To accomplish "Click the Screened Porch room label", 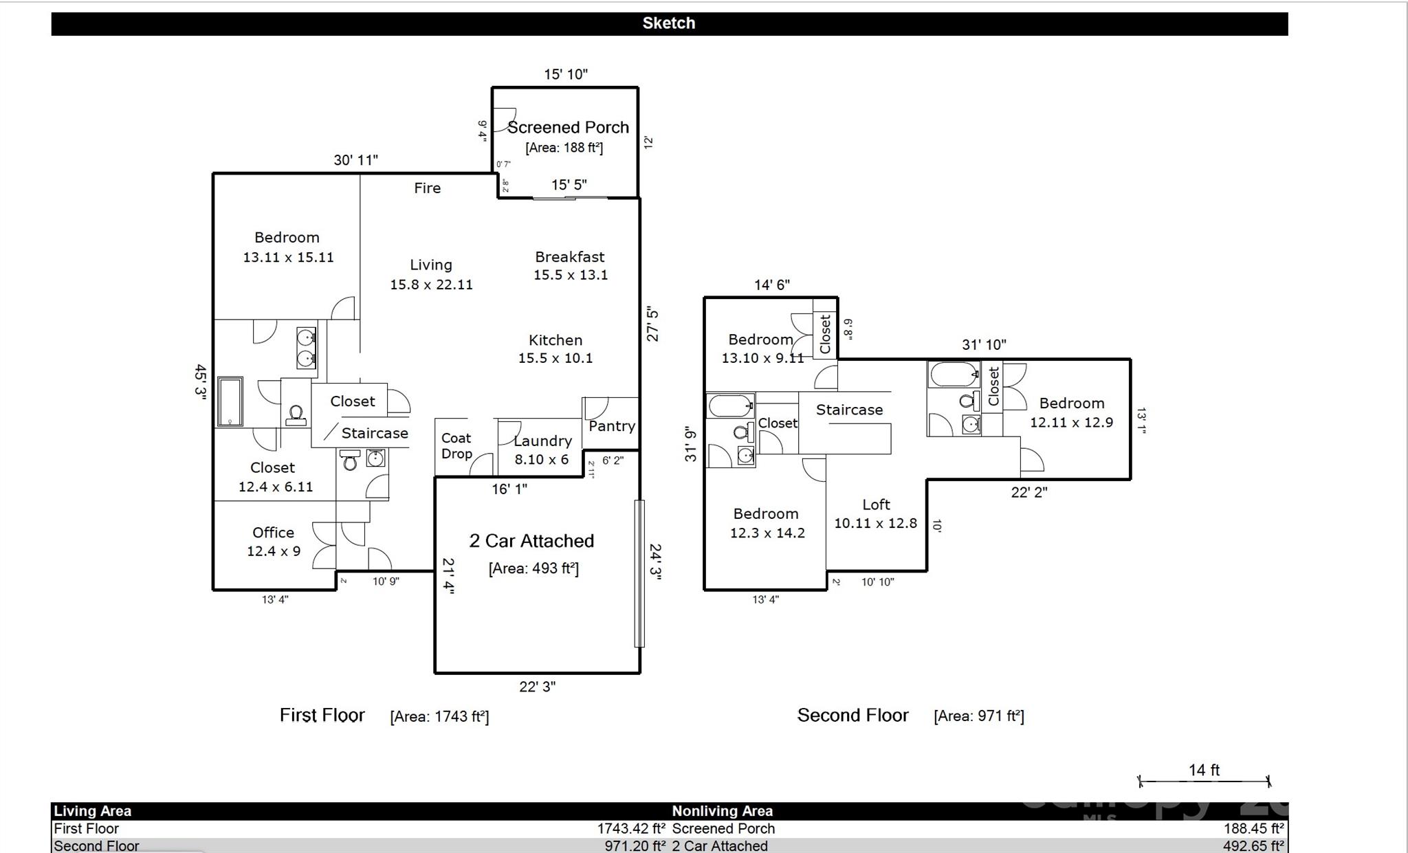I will (x=568, y=127).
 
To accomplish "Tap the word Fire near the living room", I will (x=427, y=188).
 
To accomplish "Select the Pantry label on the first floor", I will (x=611, y=426).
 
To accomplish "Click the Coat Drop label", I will (x=456, y=445).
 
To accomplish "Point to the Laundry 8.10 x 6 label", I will (x=542, y=450).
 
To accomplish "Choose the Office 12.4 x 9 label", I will (x=274, y=542).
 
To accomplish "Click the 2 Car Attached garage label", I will (x=531, y=541).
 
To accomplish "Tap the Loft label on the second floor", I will (x=876, y=505).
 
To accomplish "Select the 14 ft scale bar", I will (x=1204, y=780).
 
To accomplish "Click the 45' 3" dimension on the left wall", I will (x=200, y=381).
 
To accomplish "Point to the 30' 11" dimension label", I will (x=356, y=160).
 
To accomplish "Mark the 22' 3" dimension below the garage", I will (x=537, y=687).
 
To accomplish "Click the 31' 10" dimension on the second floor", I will (x=984, y=344).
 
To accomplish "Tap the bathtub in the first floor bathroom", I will (x=230, y=401).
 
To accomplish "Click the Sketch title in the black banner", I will (x=669, y=23).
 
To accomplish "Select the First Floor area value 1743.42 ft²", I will (x=630, y=829).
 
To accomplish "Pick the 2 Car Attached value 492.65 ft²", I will (x=1253, y=846).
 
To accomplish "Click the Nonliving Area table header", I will (x=722, y=811).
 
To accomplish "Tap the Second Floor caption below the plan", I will (x=852, y=716).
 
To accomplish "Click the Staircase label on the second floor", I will (x=849, y=410).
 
